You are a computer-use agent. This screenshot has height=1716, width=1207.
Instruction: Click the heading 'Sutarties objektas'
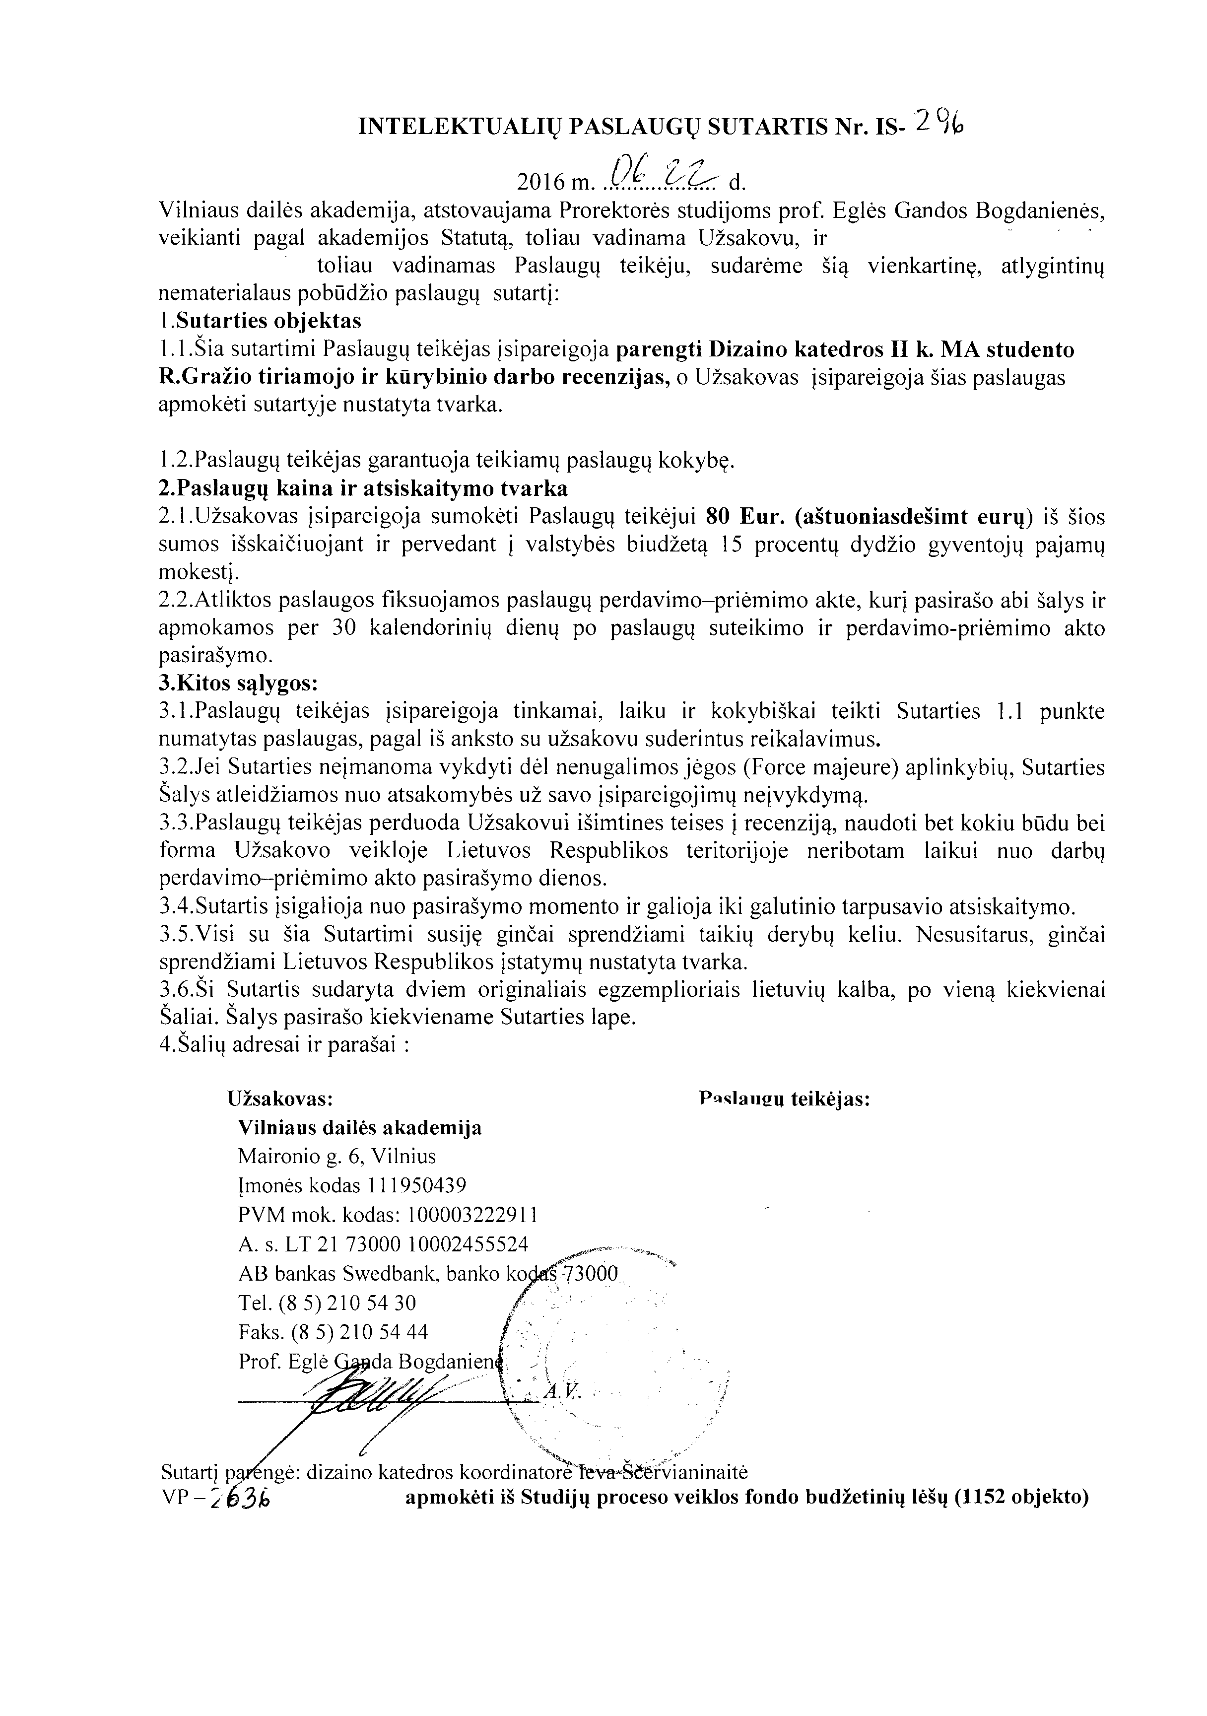point(268,321)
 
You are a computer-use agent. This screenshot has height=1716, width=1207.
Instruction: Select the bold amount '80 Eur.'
point(745,516)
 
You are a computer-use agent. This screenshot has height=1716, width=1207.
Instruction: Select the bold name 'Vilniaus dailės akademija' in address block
point(359,1127)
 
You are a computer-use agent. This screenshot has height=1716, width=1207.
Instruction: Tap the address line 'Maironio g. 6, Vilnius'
point(336,1156)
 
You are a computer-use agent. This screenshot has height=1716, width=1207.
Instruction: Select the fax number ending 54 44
point(334,1332)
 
